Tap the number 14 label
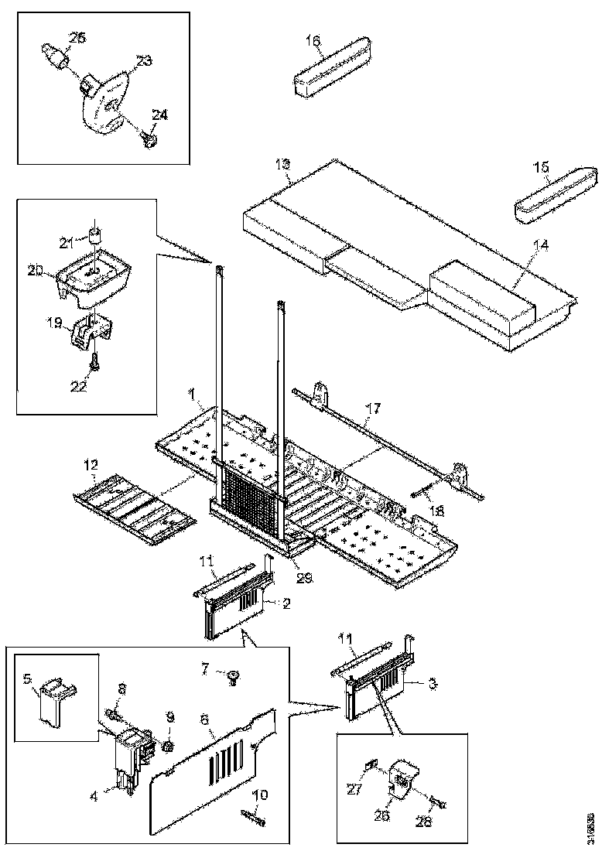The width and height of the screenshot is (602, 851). coord(541,245)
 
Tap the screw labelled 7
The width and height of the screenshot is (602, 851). coord(232,679)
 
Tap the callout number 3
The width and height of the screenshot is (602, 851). coord(433,684)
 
